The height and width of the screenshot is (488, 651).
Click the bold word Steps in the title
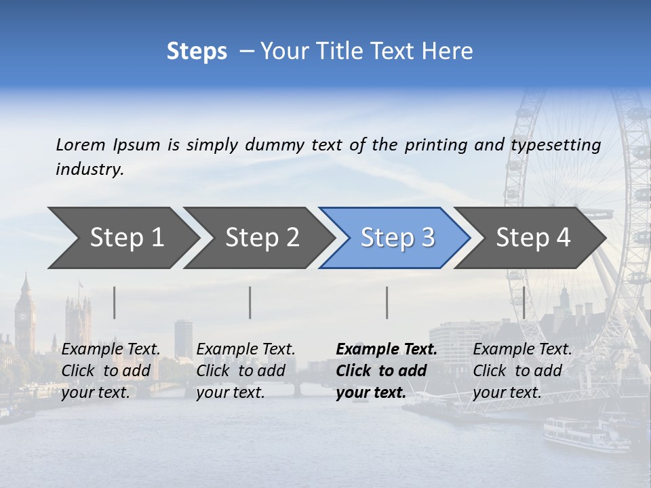[x=197, y=52]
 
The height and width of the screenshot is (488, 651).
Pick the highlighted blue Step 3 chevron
[x=397, y=238]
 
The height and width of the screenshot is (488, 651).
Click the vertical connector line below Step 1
[x=115, y=302]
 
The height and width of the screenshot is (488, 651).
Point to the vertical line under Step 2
[x=250, y=302]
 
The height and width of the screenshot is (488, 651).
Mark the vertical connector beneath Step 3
[x=387, y=302]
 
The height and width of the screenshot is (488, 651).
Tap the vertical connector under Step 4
[x=524, y=302]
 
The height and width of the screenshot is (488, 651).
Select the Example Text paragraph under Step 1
[x=111, y=371]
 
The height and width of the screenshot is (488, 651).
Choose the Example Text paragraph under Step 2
[x=245, y=371]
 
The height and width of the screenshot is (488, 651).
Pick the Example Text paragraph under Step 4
[x=522, y=371]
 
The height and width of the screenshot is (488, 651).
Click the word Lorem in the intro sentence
[x=81, y=144]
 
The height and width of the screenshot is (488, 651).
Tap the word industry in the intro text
[x=89, y=169]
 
